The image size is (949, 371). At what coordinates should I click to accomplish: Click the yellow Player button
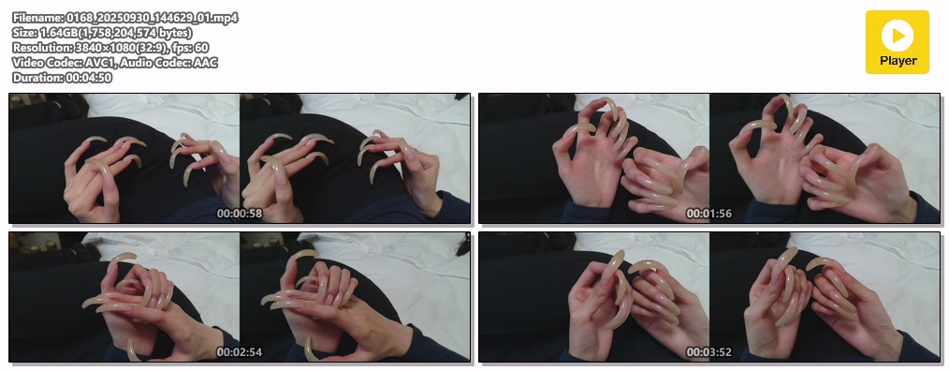click(897, 42)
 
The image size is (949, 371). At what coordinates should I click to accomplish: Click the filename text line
click(124, 18)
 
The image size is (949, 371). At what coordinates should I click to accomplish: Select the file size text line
click(102, 33)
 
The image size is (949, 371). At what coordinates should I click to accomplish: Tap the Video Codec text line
click(115, 63)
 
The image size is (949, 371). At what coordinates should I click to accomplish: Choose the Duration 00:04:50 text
click(62, 78)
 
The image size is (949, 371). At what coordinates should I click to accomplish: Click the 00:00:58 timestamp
click(240, 214)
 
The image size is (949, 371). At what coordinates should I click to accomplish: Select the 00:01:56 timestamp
click(709, 214)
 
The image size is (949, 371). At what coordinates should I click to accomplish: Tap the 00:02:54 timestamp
click(240, 352)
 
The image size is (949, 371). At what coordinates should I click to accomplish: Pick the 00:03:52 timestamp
click(709, 352)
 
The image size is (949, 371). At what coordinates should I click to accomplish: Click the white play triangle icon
click(899, 36)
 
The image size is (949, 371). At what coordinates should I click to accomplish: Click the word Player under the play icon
click(898, 61)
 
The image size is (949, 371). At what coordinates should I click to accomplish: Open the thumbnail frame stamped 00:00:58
click(240, 158)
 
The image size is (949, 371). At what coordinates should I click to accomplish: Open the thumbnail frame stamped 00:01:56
click(709, 158)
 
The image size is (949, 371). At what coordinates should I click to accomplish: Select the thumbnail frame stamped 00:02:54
click(240, 297)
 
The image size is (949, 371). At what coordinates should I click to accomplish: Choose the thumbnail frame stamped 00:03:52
click(709, 297)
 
